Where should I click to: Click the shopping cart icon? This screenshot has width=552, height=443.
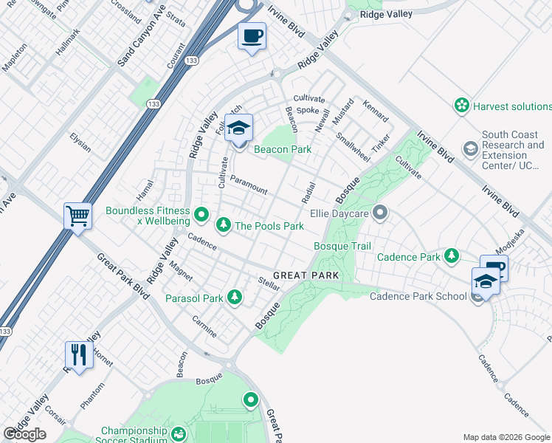click(x=77, y=216)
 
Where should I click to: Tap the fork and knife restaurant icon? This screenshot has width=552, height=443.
click(x=77, y=354)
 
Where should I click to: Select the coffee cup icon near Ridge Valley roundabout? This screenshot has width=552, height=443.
click(x=252, y=35)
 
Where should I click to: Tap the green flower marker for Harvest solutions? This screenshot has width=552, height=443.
click(x=462, y=106)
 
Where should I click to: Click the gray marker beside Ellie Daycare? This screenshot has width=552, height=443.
click(x=380, y=214)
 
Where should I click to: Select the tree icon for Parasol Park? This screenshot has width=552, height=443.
click(x=234, y=298)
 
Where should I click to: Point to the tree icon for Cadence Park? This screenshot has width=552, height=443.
click(x=450, y=256)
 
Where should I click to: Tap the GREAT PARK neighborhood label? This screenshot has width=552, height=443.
click(x=306, y=275)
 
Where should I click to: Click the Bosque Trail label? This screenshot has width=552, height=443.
click(x=342, y=245)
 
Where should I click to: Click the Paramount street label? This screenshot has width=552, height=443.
click(x=248, y=185)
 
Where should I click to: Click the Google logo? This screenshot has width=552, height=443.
click(x=24, y=434)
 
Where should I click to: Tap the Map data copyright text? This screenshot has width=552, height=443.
click(x=506, y=437)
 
